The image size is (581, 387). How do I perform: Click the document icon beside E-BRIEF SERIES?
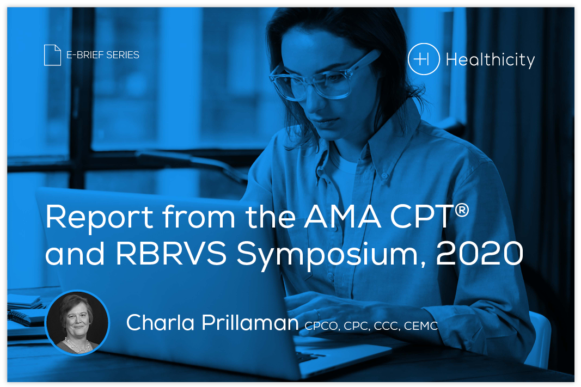tap(52, 55)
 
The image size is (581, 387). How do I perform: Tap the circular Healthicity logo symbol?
tap(424, 59)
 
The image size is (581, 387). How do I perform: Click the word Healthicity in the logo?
tap(490, 60)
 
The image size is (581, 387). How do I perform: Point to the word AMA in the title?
tap(343, 216)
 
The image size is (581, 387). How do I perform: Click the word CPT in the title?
tap(422, 216)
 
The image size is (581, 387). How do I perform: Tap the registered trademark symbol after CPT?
tap(462, 210)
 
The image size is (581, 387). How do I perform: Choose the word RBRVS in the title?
tap(171, 254)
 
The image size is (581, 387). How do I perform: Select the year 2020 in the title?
tap(480, 254)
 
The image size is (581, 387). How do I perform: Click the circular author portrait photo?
tap(77, 323)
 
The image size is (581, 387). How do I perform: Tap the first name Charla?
tap(161, 322)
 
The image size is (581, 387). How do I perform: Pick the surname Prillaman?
tap(250, 322)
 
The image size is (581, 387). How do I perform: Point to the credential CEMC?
tap(421, 326)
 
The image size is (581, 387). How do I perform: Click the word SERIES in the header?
tap(123, 55)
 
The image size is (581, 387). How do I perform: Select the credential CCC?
tap(387, 326)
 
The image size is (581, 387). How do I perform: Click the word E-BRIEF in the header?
tap(85, 55)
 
